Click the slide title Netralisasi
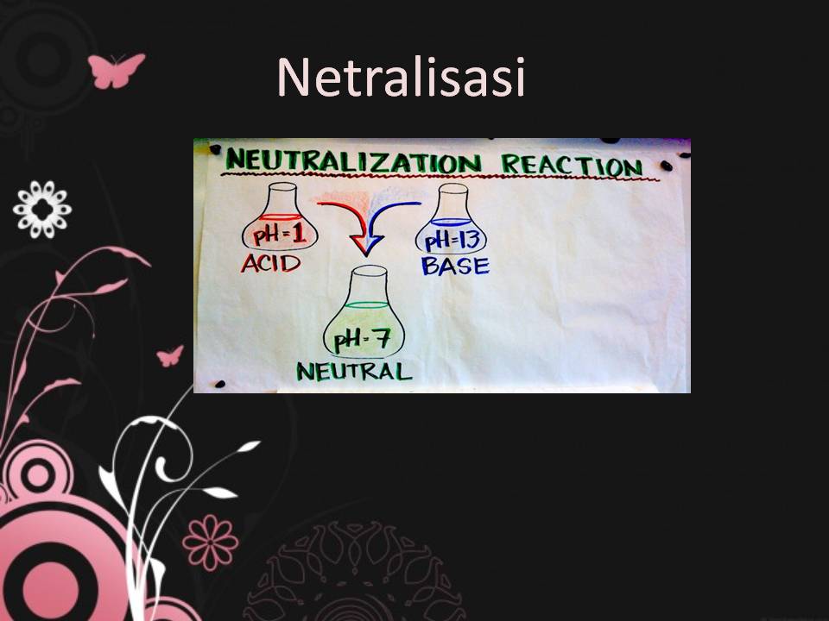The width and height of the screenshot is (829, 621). [401, 77]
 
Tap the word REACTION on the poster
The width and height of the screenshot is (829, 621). [571, 165]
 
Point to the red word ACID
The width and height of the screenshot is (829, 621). [270, 263]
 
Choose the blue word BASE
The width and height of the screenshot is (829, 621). [455, 266]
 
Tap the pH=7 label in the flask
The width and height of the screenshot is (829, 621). [364, 339]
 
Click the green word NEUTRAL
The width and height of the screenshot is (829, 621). [354, 371]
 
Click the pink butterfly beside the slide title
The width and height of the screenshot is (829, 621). [117, 70]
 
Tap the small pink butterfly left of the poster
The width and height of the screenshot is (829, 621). [170, 354]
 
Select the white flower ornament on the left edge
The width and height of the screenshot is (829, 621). [42, 210]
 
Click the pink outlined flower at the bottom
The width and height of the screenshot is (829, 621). [210, 542]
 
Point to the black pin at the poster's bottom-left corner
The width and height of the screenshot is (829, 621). [219, 383]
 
